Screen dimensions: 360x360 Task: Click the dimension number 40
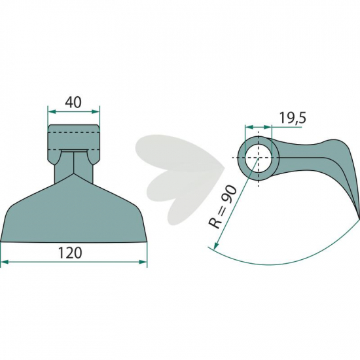(x=73, y=102)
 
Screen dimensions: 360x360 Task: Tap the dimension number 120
(x=70, y=253)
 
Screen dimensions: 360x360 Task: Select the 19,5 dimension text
(x=293, y=118)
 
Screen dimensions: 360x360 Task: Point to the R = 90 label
(x=222, y=207)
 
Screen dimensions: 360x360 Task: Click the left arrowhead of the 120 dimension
(x=5, y=262)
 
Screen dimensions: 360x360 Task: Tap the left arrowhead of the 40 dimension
(x=52, y=111)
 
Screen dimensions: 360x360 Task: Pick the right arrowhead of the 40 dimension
(x=96, y=111)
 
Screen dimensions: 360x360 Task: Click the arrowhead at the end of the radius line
(x=215, y=246)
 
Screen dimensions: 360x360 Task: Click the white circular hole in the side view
(x=259, y=158)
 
